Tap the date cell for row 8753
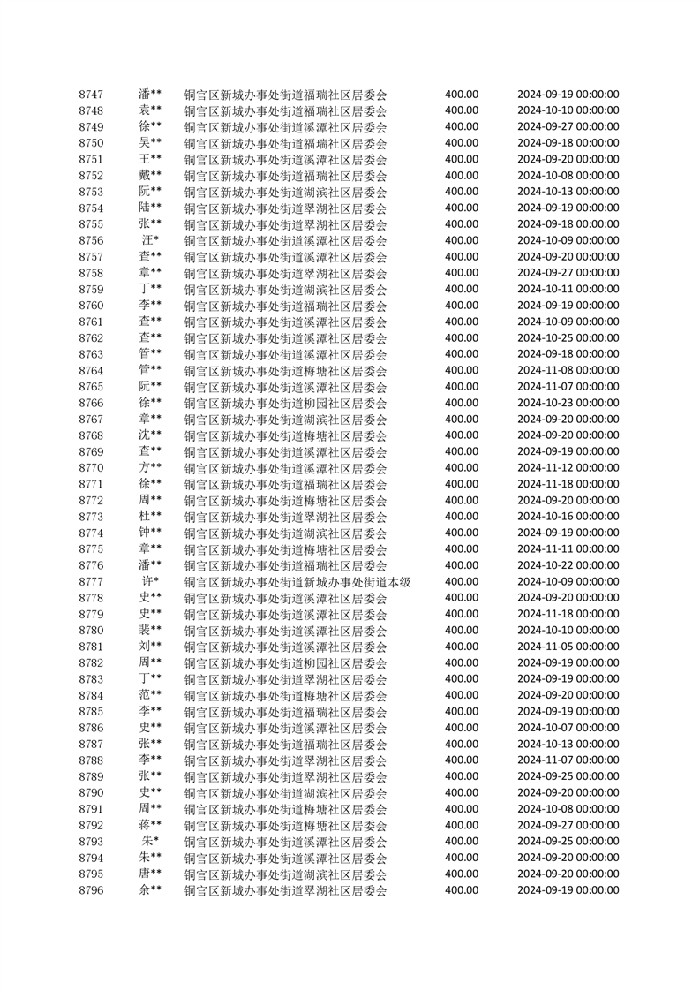568,192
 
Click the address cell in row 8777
297,582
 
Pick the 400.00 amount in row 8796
462,890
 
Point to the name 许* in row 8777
150,581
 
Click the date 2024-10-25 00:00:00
568,338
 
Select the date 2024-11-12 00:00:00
568,468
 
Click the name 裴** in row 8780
150,631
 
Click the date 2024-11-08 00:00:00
568,370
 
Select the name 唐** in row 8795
150,874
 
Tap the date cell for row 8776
568,565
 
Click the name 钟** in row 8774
150,533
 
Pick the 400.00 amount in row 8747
462,95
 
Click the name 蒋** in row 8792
150,825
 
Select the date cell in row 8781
568,647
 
